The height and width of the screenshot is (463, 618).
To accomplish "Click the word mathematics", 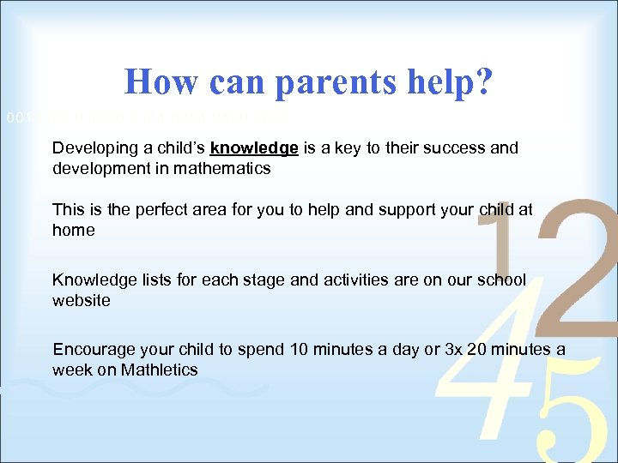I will (x=226, y=169).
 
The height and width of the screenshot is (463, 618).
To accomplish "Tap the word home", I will (x=73, y=231).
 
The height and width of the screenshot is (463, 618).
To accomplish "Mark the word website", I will (x=82, y=301).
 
